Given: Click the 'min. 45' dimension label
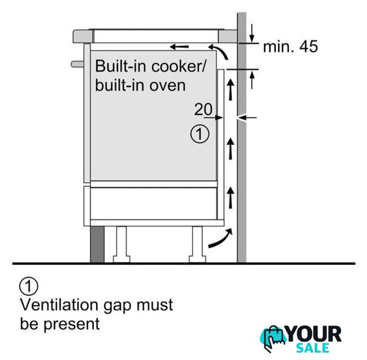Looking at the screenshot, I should coord(290,46).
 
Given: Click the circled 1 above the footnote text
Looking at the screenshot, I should coord(29,286).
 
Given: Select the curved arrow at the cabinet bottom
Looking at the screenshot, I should coord(219,238).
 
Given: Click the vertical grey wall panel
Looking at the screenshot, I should coord(242,169).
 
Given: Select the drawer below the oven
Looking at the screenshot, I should coord(152,202).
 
